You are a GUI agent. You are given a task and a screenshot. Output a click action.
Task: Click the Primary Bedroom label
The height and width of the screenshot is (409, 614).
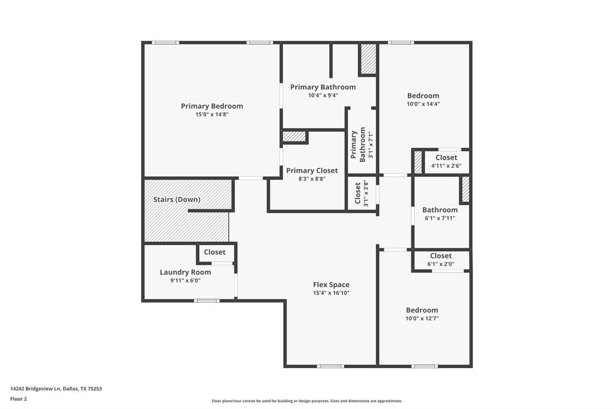[x=212, y=106]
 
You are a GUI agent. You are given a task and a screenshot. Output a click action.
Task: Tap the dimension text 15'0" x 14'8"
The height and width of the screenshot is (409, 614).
[x=212, y=114]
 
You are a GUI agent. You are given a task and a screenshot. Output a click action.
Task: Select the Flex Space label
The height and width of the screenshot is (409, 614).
[x=331, y=285]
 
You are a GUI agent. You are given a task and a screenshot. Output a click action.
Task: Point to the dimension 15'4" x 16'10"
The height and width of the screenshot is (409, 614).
[x=331, y=293]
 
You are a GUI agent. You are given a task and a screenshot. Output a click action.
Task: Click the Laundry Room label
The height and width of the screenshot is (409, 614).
[x=185, y=272]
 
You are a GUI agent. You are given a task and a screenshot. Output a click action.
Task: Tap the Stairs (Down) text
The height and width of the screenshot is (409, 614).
[x=177, y=199]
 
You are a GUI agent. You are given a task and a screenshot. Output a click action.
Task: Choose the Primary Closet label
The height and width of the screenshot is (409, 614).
[x=312, y=170]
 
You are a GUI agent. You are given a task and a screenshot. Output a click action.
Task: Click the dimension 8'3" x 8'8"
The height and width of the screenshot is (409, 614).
[x=312, y=178]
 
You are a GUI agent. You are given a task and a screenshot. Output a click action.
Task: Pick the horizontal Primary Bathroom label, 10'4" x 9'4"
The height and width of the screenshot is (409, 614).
[x=323, y=87]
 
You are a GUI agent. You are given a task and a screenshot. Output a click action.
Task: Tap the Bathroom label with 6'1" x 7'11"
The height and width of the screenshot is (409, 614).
[x=440, y=210]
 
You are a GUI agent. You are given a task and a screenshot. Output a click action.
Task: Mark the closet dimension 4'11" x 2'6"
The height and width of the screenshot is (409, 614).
[x=446, y=166]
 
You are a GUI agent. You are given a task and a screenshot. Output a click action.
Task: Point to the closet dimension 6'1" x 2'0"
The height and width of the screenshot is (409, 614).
[x=441, y=264]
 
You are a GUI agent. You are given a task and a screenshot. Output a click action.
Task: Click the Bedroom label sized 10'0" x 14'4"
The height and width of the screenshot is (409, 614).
[x=423, y=95]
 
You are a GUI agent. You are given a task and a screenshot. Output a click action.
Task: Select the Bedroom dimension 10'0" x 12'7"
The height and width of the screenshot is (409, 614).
[x=422, y=318]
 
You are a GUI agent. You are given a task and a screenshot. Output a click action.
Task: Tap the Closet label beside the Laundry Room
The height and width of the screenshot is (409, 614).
[x=215, y=252]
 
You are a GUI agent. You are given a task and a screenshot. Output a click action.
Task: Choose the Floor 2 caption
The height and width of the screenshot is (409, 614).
[x=19, y=398]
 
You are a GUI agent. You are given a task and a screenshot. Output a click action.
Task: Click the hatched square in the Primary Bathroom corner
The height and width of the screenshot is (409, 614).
[x=368, y=59]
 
